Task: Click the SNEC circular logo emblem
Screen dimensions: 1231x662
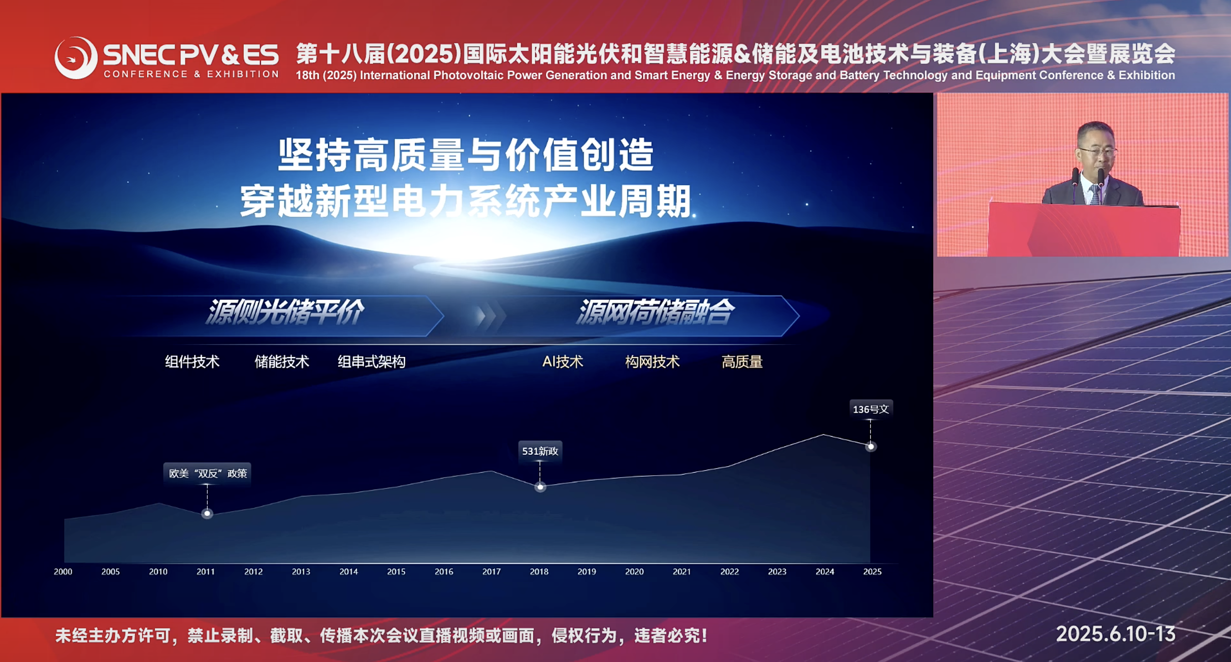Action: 76,57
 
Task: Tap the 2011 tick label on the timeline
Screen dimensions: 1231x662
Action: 206,572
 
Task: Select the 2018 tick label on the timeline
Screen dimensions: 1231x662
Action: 539,572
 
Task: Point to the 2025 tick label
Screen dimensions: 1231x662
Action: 872,572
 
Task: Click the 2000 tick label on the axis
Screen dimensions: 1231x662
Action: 63,572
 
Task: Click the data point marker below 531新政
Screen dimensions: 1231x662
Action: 540,487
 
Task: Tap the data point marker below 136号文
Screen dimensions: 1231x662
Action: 871,447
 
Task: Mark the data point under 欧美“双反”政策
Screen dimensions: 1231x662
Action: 207,514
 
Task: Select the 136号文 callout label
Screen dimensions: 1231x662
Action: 871,409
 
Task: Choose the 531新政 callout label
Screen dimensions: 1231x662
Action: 540,451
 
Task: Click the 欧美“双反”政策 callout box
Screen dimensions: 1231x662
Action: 207,473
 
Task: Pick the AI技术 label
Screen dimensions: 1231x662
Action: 563,362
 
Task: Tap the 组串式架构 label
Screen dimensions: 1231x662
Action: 372,362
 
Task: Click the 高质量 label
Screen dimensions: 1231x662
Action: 742,362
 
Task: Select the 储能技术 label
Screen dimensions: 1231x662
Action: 282,362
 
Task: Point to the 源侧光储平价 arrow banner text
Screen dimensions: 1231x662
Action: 285,312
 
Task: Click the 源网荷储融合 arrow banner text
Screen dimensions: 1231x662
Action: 656,312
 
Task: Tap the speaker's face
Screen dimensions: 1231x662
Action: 1096,149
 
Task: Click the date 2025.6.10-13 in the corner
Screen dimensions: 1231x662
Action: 1116,634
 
